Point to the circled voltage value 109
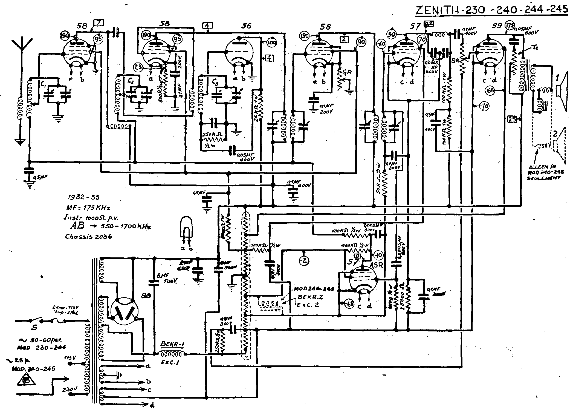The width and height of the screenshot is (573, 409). pyautogui.click(x=271, y=43)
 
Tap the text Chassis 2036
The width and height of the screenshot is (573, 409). pyautogui.click(x=88, y=236)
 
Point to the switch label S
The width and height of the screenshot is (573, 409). pyautogui.click(x=35, y=328)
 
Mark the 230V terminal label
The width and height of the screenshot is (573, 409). pyautogui.click(x=69, y=389)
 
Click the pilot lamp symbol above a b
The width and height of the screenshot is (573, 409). pyautogui.click(x=186, y=228)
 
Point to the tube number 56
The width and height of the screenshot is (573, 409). pyautogui.click(x=246, y=26)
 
